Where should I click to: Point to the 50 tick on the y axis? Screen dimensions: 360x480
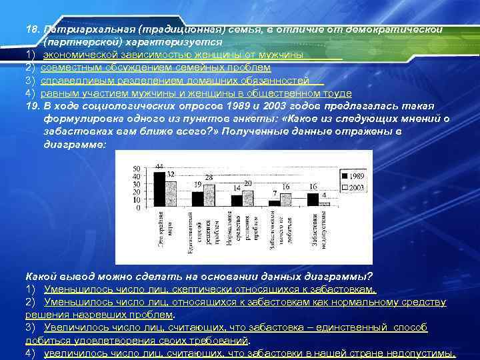click(137, 167)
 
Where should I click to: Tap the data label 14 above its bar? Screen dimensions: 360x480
click(236, 189)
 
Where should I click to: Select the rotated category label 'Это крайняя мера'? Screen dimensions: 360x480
click(161, 231)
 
